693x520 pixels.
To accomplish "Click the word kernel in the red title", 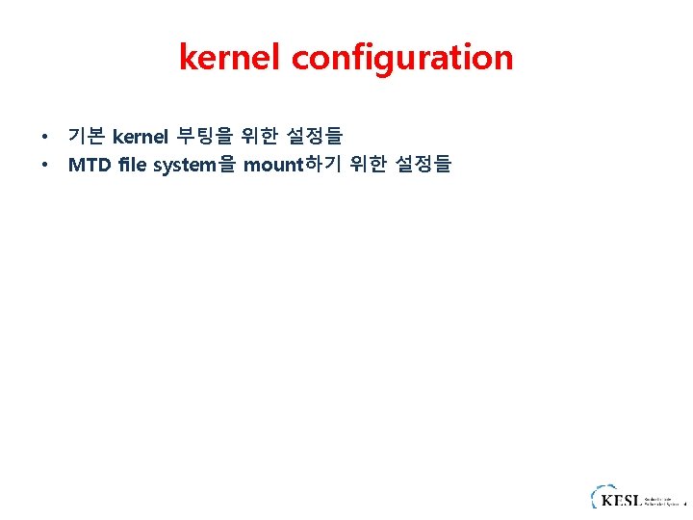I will (231, 58).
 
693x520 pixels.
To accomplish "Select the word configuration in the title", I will (402, 59).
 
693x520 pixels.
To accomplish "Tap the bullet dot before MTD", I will (44, 166).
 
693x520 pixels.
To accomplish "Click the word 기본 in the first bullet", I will (87, 137).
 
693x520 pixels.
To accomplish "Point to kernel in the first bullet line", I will (141, 137).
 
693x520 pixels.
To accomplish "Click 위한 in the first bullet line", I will (263, 137).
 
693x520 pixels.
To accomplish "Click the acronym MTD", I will (89, 165).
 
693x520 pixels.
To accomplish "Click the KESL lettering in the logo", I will (620, 500).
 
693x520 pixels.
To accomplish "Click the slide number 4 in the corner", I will (685, 504).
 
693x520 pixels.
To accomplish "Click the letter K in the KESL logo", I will (606, 500).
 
